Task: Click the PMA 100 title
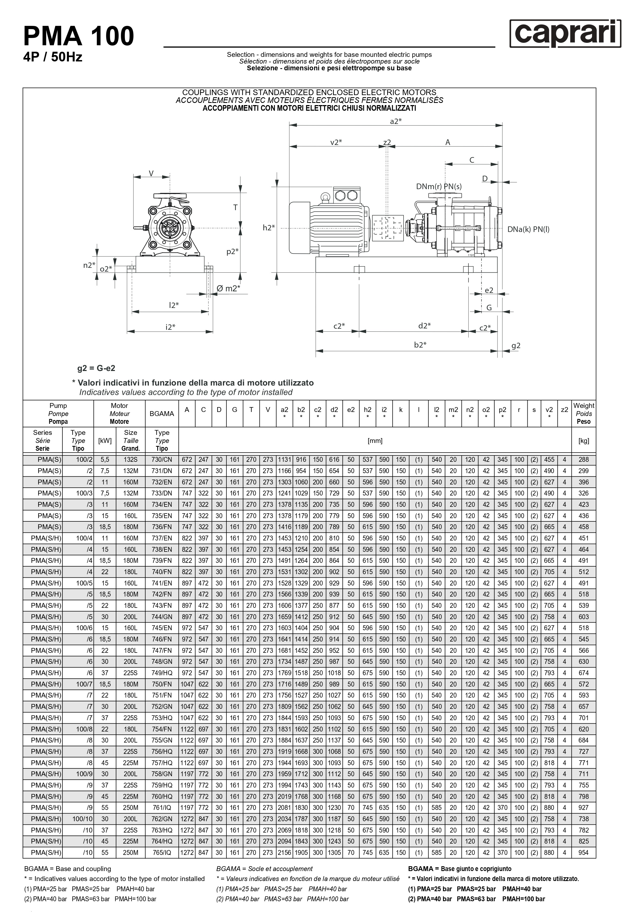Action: [79, 36]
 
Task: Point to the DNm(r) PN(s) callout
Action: [439, 187]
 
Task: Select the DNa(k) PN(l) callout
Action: [528, 229]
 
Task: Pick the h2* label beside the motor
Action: [269, 228]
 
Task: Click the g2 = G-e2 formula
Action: [96, 368]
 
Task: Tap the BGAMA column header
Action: [162, 414]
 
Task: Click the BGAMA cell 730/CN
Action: [162, 460]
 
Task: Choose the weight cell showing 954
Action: [583, 853]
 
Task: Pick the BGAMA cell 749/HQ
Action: [162, 673]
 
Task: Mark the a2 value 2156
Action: [285, 853]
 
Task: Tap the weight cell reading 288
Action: [583, 460]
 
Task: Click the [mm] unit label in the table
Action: [375, 441]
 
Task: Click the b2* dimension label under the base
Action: [420, 345]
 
